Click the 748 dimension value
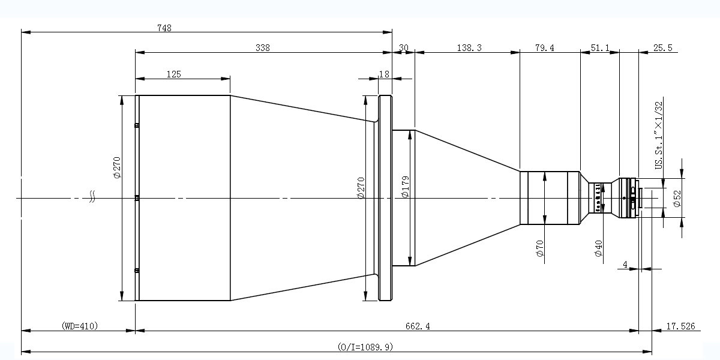click(x=164, y=28)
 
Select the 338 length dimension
click(x=263, y=48)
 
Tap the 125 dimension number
click(x=173, y=74)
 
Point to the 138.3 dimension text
click(x=469, y=48)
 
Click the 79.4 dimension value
click(x=545, y=48)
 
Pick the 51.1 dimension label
click(x=600, y=48)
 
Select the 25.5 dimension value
click(x=662, y=48)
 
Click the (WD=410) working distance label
click(x=80, y=326)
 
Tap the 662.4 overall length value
click(x=418, y=326)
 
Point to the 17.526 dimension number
click(x=680, y=326)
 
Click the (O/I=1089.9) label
click(x=365, y=347)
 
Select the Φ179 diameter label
click(x=405, y=187)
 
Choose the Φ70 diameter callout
click(x=539, y=248)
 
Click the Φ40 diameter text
click(x=598, y=248)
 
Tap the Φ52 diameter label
click(x=677, y=199)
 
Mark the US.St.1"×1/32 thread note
click(x=659, y=135)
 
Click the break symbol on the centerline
click(x=92, y=197)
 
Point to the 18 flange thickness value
click(x=384, y=74)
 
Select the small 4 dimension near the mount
click(x=625, y=265)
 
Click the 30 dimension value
click(x=403, y=48)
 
